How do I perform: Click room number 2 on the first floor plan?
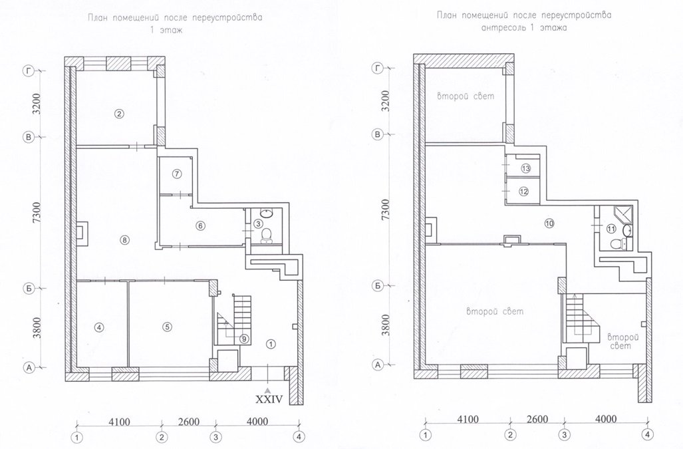pos(119,114)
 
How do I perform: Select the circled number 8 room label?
pos(124,239)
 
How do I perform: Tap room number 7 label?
pos(176,174)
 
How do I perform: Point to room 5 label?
pos(167,327)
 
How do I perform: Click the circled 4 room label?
pos(99,327)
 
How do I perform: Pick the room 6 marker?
pos(200,225)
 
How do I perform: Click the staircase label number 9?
pos(244,339)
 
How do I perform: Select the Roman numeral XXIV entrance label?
pos(269,398)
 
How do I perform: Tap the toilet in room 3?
pos(266,236)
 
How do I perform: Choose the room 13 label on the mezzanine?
pos(526,168)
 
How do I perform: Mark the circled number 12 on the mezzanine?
pos(523,191)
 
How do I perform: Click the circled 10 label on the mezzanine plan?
pos(549,224)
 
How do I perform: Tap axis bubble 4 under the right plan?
pos(647,434)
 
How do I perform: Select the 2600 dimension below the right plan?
pos(537,419)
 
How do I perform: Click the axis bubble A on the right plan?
pos(378,365)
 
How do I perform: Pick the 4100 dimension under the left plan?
pos(119,422)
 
